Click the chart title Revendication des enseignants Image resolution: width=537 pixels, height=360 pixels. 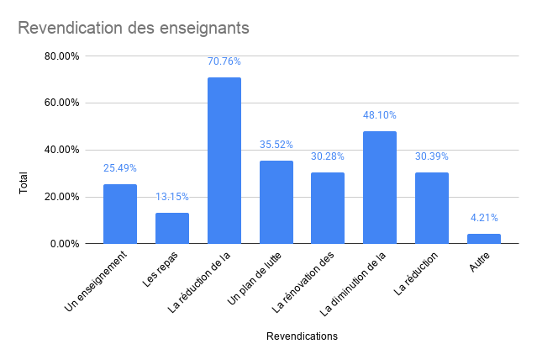coord(134,28)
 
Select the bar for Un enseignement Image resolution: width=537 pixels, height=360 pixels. coord(120,214)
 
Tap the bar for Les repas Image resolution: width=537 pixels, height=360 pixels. coord(172,228)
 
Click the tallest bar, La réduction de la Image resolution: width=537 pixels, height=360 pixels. coord(224,160)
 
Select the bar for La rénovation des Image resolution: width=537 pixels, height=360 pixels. coord(328,208)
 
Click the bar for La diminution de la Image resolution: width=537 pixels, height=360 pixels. coord(380,188)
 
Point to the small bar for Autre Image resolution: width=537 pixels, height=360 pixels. coord(483,239)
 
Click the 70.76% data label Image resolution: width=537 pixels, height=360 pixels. coord(224,61)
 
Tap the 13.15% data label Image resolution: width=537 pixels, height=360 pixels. coord(172,197)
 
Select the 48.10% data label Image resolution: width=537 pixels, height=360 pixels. coord(380,115)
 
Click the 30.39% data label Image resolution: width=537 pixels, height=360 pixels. coord(432,156)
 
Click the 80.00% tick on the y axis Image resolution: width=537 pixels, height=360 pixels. coord(62,56)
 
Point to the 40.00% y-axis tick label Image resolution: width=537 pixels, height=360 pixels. coord(62,150)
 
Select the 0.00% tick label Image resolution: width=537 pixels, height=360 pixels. coord(66,244)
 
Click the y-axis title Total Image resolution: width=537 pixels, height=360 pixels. coord(24,183)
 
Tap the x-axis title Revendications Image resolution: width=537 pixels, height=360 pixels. coord(302,336)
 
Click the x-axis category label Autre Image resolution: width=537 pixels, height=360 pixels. coord(479,262)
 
